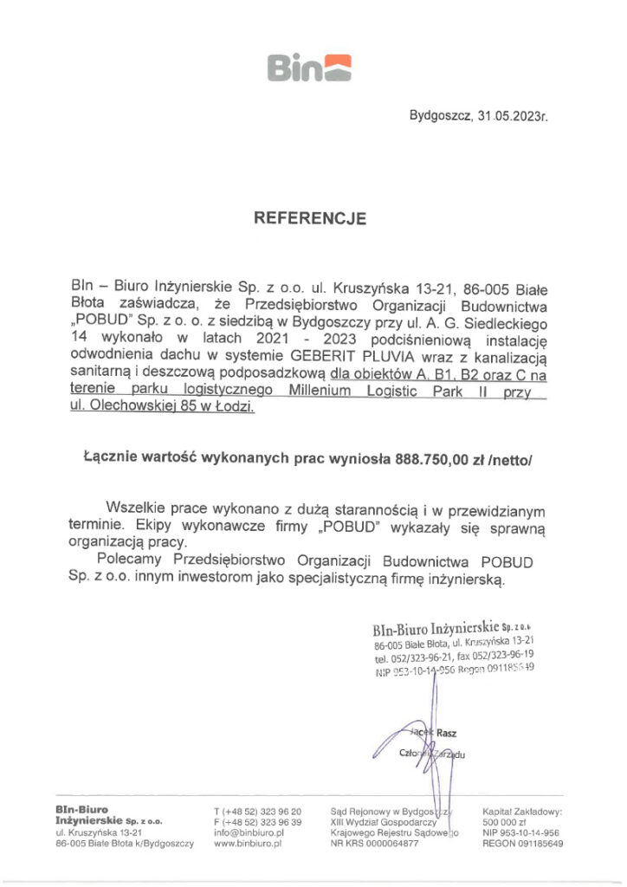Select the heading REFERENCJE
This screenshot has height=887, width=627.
pos(309,219)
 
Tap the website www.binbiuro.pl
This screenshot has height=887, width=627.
pos(249,843)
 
